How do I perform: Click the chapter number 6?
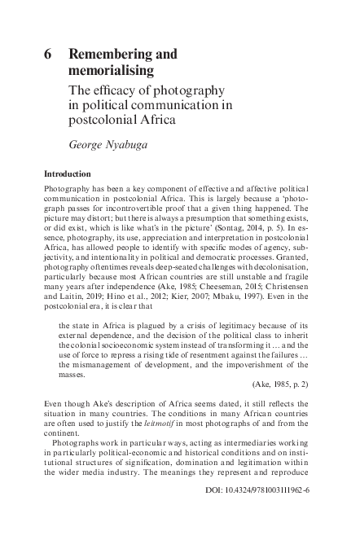[x=48, y=55]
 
